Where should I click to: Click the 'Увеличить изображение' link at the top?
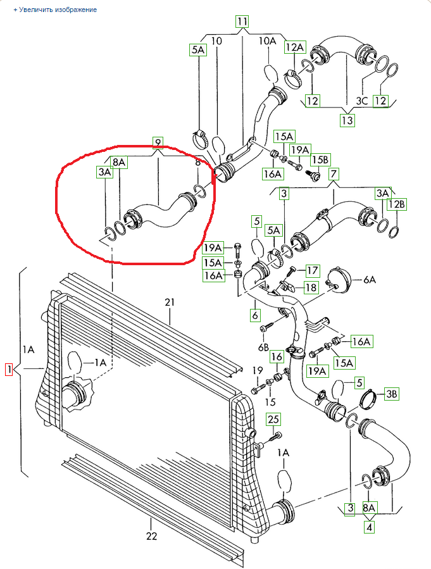tap(55, 10)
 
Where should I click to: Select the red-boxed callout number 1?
tap(9, 369)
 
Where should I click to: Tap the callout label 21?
tap(169, 303)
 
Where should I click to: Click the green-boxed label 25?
tap(272, 418)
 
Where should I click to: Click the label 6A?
tap(368, 279)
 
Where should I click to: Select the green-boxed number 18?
tap(311, 288)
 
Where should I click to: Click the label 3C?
tap(362, 101)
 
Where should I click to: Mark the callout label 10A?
tap(267, 41)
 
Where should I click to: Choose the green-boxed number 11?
tap(242, 21)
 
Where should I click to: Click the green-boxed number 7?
tap(334, 173)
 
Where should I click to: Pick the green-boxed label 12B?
tap(396, 204)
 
